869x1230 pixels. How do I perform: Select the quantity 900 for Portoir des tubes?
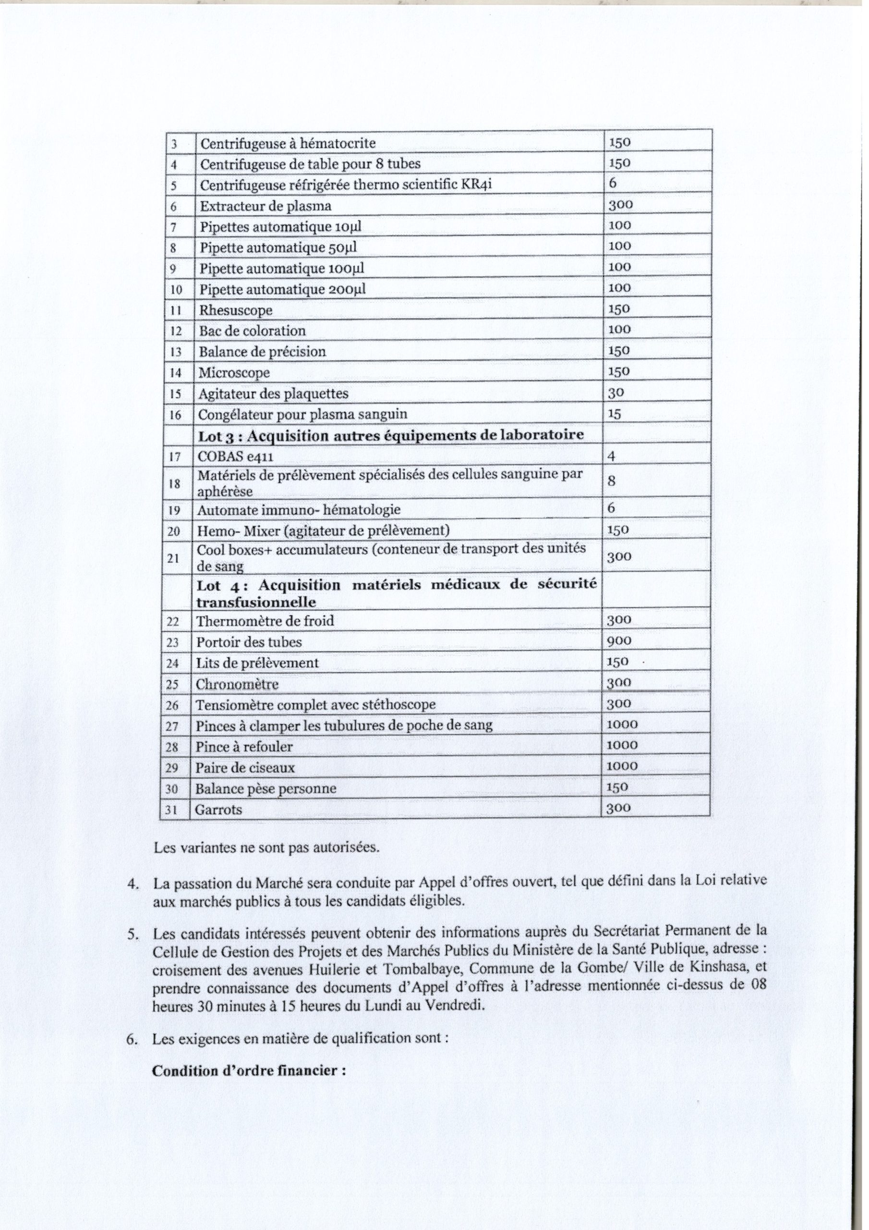[619, 641]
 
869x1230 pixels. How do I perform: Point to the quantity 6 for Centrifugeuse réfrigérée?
[613, 183]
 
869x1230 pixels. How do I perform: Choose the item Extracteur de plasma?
[266, 206]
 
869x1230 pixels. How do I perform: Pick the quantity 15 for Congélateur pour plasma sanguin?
[614, 414]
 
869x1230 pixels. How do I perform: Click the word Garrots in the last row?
[218, 810]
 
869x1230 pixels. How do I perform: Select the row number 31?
[171, 810]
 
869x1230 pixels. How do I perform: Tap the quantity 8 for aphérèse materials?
[612, 480]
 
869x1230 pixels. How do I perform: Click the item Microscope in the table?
[234, 372]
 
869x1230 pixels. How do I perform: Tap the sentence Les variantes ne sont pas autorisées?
[266, 848]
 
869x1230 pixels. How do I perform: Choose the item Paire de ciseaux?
[245, 768]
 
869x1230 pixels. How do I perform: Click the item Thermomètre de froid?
[265, 621]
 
